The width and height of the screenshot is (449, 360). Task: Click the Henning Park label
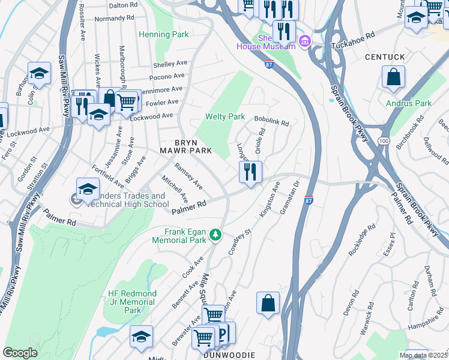coord(164,35)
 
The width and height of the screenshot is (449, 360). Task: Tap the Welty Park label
coord(225,116)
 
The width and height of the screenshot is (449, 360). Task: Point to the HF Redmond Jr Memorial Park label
coord(133,302)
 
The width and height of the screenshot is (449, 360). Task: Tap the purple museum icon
coord(305,41)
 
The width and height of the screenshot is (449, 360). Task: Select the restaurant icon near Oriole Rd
coord(250,172)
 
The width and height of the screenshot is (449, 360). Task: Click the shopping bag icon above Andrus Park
coord(393,77)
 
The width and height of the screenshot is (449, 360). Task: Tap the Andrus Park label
coord(408,103)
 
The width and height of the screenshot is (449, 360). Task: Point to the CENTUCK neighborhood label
coord(385,57)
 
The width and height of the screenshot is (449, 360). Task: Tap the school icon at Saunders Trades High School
coord(88,188)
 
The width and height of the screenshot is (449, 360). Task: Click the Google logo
coord(20,352)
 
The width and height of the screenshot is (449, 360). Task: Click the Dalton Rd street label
coord(123,5)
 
